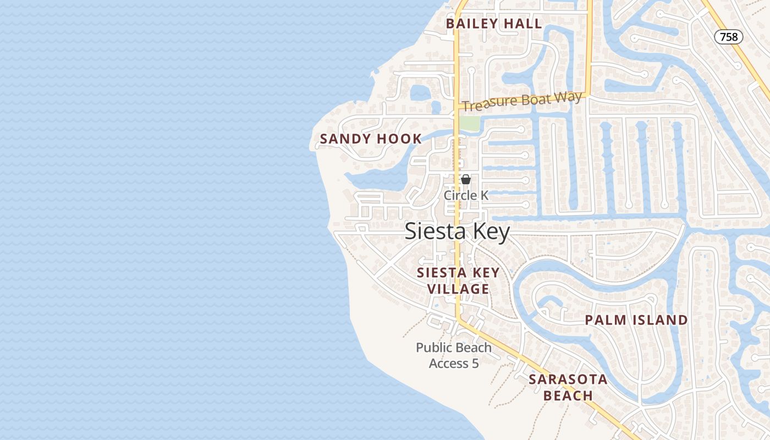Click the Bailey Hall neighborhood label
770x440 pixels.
(x=494, y=24)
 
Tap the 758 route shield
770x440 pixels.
(x=729, y=37)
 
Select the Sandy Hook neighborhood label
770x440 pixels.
(x=371, y=139)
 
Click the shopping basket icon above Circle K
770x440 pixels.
(x=466, y=179)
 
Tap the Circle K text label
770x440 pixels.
(x=466, y=195)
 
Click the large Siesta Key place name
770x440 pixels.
(x=458, y=231)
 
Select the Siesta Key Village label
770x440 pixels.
(x=458, y=280)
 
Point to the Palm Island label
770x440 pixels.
(x=636, y=320)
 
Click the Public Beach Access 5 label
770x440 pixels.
(x=454, y=355)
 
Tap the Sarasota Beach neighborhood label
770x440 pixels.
(x=568, y=387)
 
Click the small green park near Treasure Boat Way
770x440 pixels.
(x=469, y=123)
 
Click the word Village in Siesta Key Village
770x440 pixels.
(x=458, y=289)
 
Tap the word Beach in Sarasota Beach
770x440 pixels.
(x=568, y=395)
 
